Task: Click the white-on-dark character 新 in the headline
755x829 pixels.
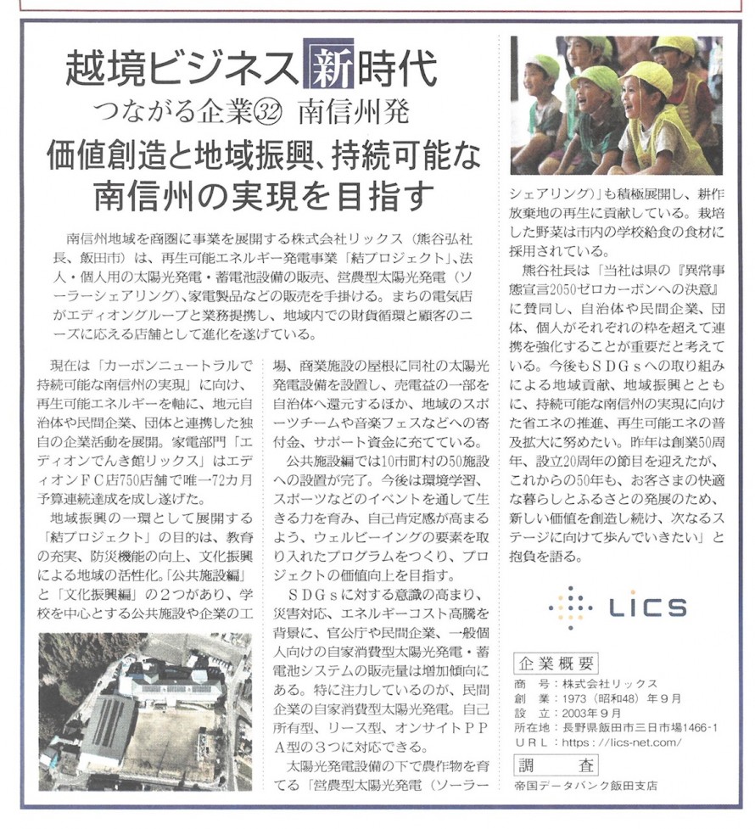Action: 326,65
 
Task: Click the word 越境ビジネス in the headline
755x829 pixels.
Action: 178,67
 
